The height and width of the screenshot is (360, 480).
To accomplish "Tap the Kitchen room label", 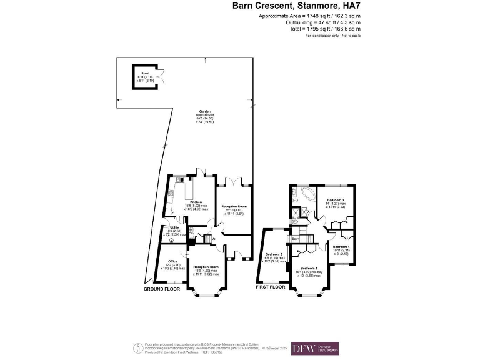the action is point(196,202).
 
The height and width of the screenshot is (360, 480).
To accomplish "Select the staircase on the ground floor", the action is point(209,239).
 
